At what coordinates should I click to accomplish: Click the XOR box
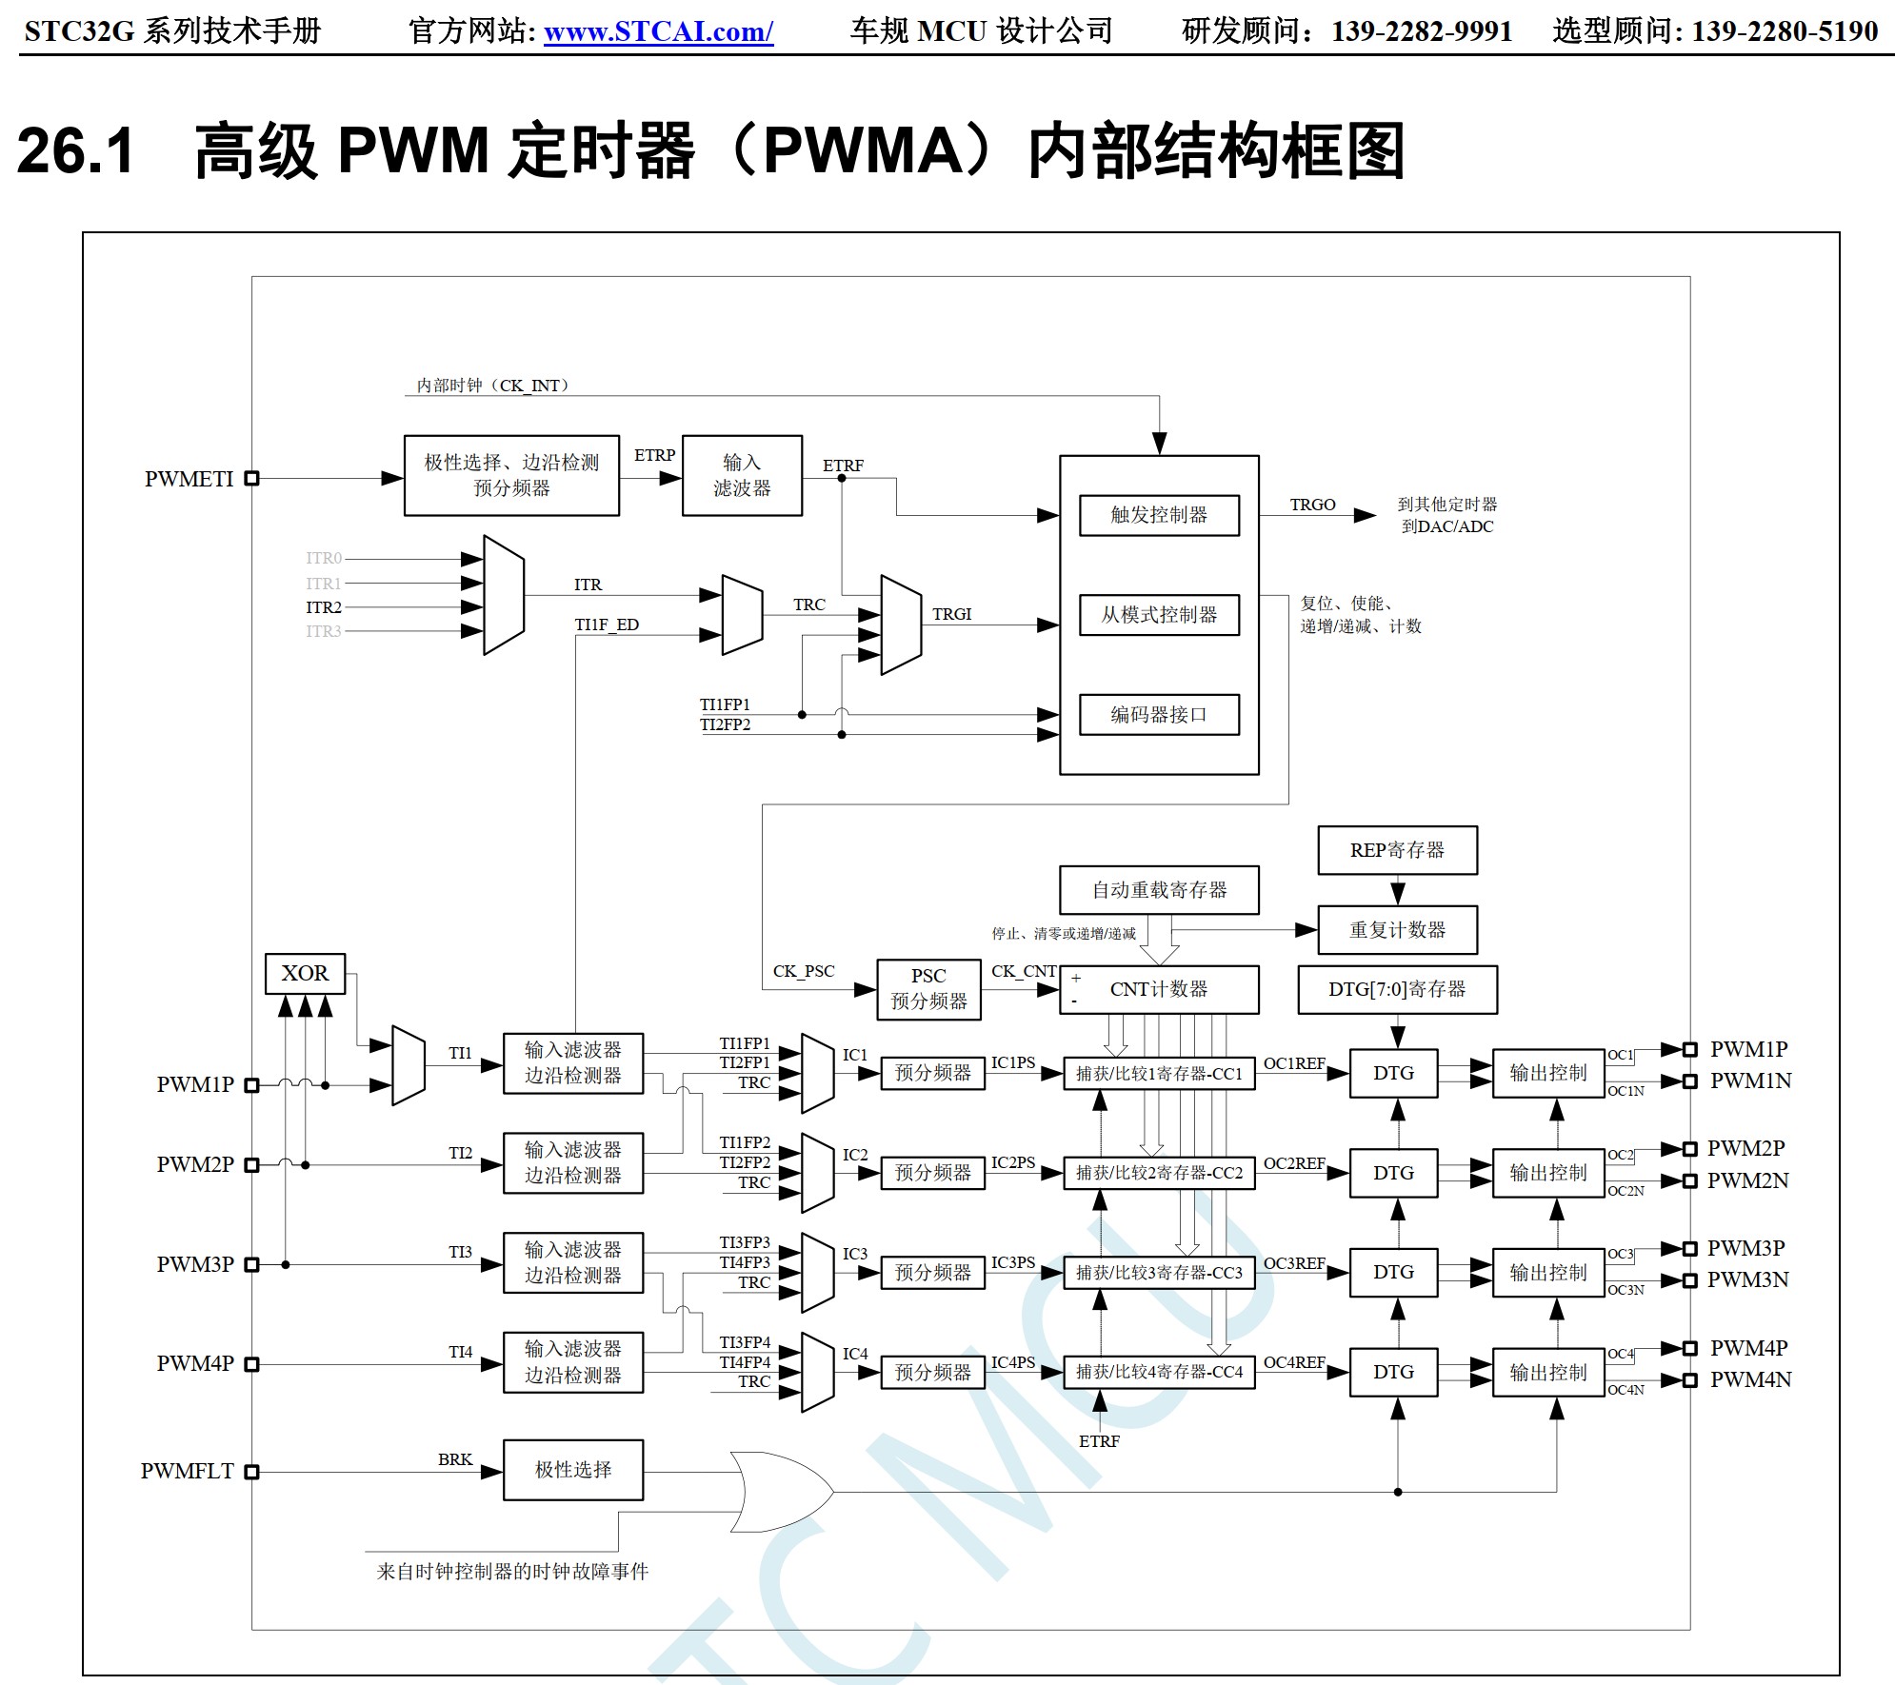pyautogui.click(x=305, y=974)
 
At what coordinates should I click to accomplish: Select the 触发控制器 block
pyautogui.click(x=1159, y=515)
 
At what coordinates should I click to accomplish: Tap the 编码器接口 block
pyautogui.click(x=1159, y=715)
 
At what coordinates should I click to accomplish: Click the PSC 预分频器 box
pyautogui.click(x=928, y=989)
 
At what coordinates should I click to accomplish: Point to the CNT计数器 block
pyautogui.click(x=1159, y=989)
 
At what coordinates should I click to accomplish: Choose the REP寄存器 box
pyautogui.click(x=1397, y=850)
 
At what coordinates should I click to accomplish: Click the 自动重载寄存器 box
pyautogui.click(x=1159, y=890)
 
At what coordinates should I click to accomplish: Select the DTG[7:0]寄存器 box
pyautogui.click(x=1397, y=989)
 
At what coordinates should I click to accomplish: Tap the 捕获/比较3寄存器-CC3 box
pyautogui.click(x=1159, y=1273)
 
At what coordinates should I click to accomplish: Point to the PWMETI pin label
pyautogui.click(x=189, y=479)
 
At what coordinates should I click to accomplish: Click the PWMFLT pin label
pyautogui.click(x=187, y=1471)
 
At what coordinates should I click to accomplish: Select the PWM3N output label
pyautogui.click(x=1747, y=1279)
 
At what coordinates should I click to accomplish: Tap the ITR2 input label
pyautogui.click(x=324, y=607)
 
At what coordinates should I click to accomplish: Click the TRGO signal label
pyautogui.click(x=1312, y=505)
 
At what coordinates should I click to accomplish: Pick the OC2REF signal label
pyautogui.click(x=1294, y=1163)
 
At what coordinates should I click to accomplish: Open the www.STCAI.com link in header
pyautogui.click(x=658, y=31)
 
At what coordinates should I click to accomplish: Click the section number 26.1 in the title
pyautogui.click(x=76, y=150)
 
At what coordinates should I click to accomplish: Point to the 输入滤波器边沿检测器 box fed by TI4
pyautogui.click(x=573, y=1362)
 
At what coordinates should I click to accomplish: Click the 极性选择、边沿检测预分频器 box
pyautogui.click(x=511, y=475)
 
